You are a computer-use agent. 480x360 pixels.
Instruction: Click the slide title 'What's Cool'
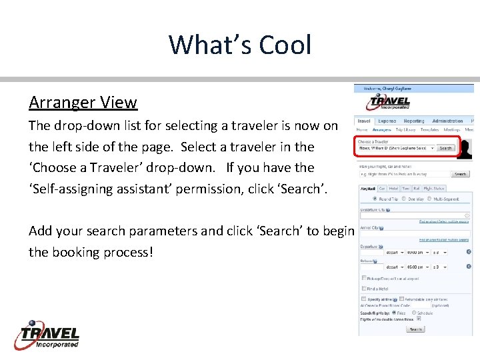[240, 45]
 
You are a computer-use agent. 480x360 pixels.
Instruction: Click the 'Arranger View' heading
[83, 103]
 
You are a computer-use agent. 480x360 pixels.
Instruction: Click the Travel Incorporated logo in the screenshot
[389, 102]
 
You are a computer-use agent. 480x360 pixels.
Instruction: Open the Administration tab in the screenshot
[447, 121]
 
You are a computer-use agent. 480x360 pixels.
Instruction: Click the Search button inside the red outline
[445, 148]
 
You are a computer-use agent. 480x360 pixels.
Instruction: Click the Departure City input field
[413, 215]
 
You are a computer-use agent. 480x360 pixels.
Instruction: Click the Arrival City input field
[413, 233]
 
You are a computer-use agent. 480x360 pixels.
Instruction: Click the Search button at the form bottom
[415, 329]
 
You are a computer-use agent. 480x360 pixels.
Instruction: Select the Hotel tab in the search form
[393, 188]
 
